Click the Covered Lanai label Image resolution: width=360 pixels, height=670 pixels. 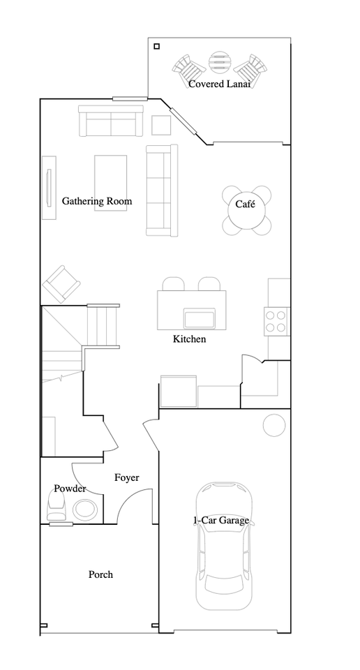219,84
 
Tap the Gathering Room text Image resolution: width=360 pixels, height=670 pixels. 97,201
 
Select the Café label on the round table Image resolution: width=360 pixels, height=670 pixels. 245,204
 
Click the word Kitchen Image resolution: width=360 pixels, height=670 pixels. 189,339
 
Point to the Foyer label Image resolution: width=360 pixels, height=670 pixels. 126,478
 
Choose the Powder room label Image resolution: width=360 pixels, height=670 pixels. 70,489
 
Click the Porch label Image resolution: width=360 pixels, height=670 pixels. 100,574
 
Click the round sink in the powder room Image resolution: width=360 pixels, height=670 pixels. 86,509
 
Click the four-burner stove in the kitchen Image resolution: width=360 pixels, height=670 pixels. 276,320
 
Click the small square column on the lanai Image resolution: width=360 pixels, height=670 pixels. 156,47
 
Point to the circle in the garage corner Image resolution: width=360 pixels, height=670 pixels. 273,425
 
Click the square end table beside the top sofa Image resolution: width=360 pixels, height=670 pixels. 161,124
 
